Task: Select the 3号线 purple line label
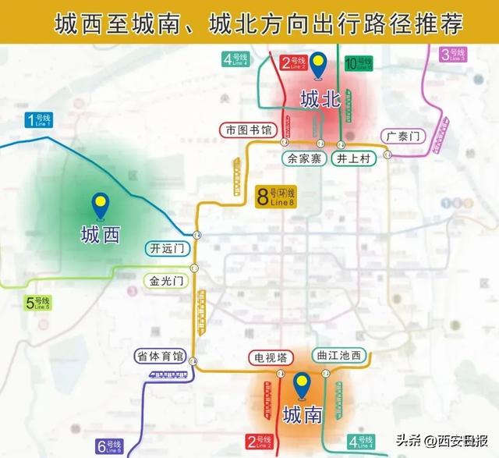(453, 55)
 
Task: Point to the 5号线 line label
(38, 303)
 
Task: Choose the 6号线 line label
(109, 446)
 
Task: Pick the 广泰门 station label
(403, 136)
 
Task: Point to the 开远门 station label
(167, 249)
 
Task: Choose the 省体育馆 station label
(160, 356)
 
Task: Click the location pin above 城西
(99, 206)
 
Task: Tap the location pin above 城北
(319, 66)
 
